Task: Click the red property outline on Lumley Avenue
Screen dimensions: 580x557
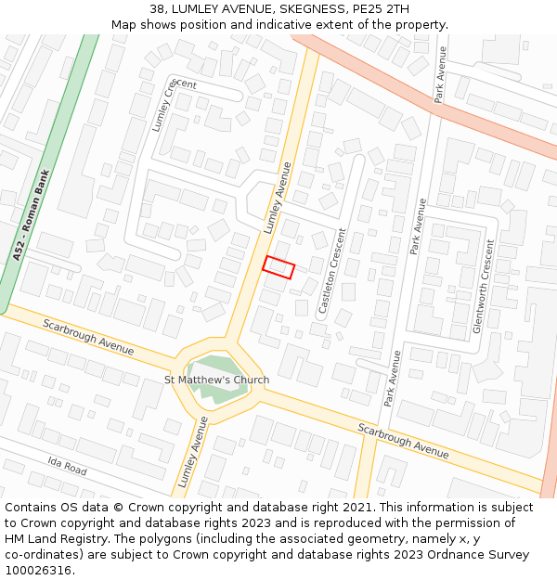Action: point(278,267)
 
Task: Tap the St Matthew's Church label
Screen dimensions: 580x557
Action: point(216,380)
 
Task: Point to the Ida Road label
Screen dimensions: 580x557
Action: point(68,466)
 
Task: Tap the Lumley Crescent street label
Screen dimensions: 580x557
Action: point(164,105)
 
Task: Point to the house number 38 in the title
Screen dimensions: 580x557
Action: point(156,9)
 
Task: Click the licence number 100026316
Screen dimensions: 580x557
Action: point(38,571)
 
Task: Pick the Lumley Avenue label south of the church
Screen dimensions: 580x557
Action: point(189,453)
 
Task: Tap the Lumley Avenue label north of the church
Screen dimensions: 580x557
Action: point(277,198)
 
